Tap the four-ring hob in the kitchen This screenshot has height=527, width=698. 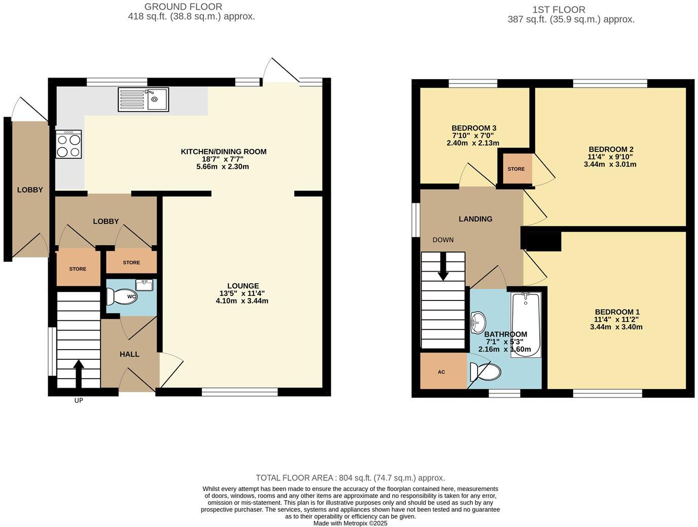coord(68,144)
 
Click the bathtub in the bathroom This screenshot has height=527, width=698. coord(526,324)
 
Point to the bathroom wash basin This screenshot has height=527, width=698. coord(477,323)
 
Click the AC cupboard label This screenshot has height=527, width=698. coord(441,372)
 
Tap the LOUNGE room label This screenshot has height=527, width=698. coord(243,286)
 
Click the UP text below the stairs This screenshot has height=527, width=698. coord(79,400)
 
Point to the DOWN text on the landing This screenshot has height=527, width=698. coord(443,240)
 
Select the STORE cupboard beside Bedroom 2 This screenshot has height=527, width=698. coord(516,169)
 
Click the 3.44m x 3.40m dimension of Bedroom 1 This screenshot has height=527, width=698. coord(616,327)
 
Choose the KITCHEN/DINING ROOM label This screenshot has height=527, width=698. coord(224,152)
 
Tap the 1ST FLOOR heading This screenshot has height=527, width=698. coord(559,10)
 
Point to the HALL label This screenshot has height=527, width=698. coord(129,354)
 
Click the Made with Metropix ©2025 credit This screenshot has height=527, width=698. coord(350,523)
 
